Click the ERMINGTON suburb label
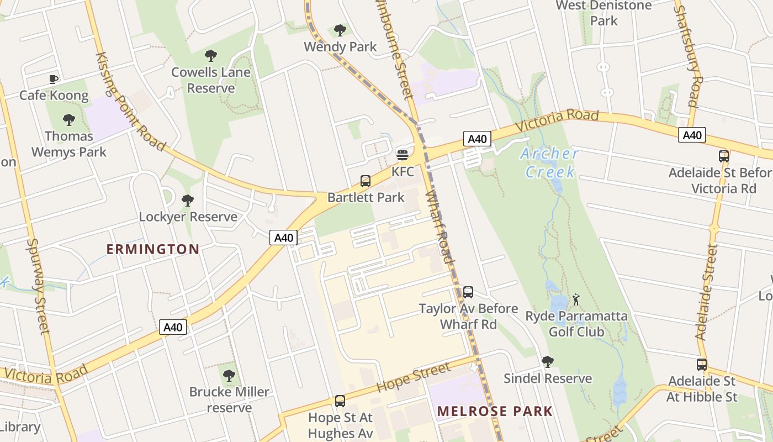pyautogui.click(x=152, y=249)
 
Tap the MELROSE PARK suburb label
pyautogui.click(x=495, y=411)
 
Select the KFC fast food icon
pyautogui.click(x=403, y=155)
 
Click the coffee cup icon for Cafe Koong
pyautogui.click(x=54, y=80)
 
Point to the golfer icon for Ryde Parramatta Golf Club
pyautogui.click(x=576, y=299)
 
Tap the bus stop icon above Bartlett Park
pyautogui.click(x=365, y=181)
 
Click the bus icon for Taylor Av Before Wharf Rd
pyautogui.click(x=468, y=292)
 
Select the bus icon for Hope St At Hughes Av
pyautogui.click(x=340, y=401)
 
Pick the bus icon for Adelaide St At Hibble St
pyautogui.click(x=702, y=365)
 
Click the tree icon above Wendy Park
pyautogui.click(x=340, y=30)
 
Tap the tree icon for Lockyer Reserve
pyautogui.click(x=188, y=200)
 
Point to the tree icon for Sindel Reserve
pyautogui.click(x=547, y=362)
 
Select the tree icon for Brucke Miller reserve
pyautogui.click(x=229, y=376)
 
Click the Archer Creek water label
pyautogui.click(x=549, y=162)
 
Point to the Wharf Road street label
pyautogui.click(x=440, y=227)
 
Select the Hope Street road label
pyautogui.click(x=414, y=376)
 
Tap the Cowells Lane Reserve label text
pyautogui.click(x=211, y=80)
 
